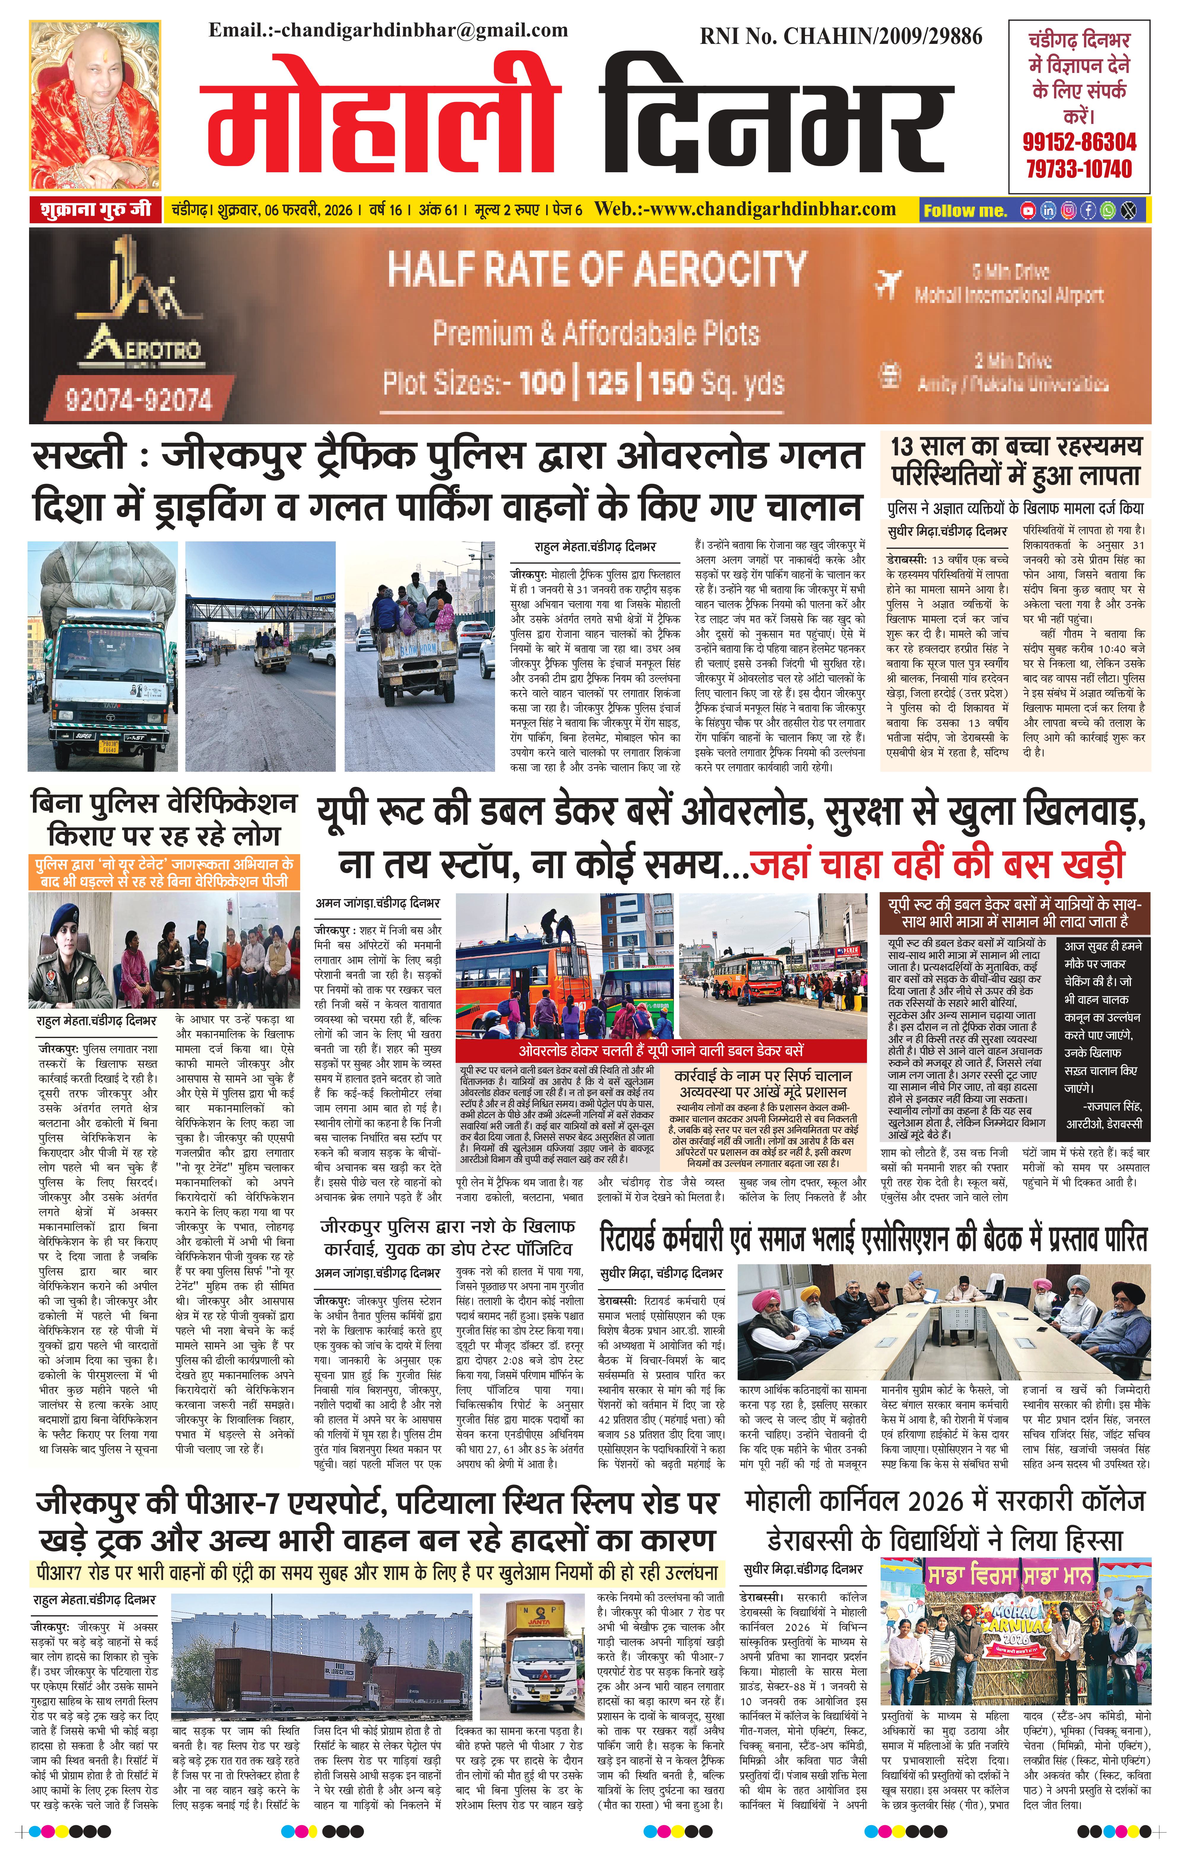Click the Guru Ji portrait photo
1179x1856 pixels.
click(96, 105)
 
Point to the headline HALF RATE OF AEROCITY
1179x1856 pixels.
click(596, 270)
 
